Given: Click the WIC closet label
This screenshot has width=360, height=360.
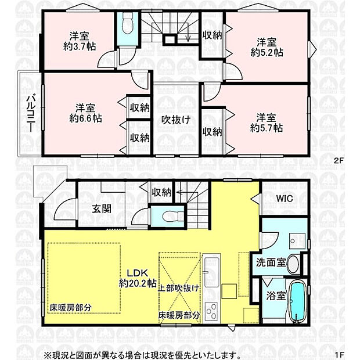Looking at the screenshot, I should coord(285,199).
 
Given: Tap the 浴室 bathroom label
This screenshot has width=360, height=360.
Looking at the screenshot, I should coord(275,296).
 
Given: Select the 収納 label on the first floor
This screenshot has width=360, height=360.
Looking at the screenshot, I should coord(161,192).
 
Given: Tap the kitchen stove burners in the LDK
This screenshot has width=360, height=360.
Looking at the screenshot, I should coord(210,311).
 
